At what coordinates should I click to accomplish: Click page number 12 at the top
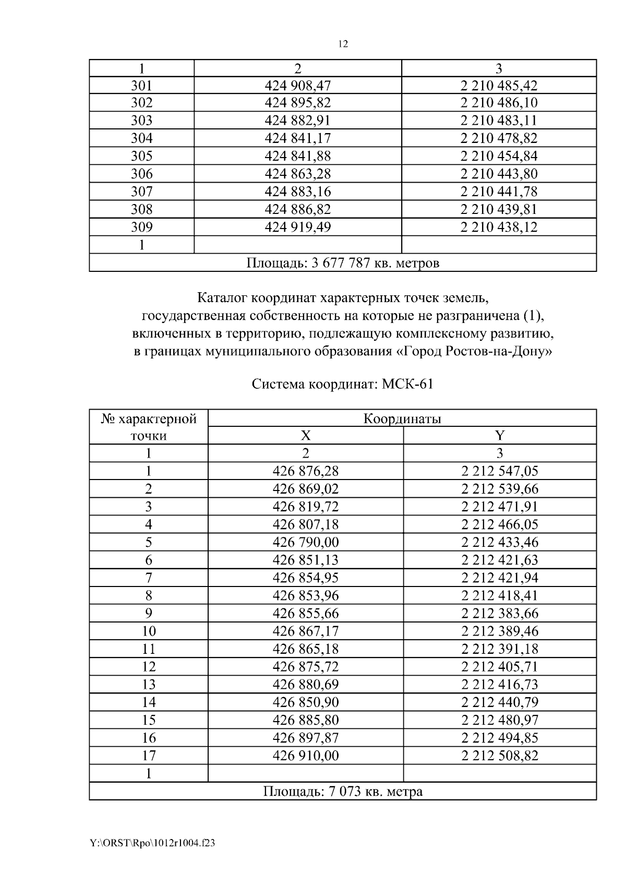pos(343,44)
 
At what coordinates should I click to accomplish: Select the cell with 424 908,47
pos(297,85)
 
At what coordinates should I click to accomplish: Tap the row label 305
pos(141,156)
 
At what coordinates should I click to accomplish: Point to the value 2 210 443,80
pos(499,174)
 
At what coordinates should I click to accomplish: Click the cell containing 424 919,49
pos(297,227)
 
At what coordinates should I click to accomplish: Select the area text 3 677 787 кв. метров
pos(375,262)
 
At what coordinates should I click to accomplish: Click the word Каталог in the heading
pos(223,298)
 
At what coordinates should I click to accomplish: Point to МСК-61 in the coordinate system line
pos(407,385)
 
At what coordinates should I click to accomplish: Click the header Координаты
pos(402,418)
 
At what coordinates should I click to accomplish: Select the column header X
pos(306,436)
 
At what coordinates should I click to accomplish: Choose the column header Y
pos(499,436)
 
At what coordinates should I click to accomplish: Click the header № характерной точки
pos(149,427)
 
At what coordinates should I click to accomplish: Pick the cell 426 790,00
pos(306,542)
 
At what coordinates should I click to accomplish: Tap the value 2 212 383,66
pos(499,613)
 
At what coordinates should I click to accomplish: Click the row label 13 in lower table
pos(149,684)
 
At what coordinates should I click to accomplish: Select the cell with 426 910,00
pos(306,755)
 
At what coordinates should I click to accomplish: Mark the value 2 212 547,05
pos(499,471)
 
